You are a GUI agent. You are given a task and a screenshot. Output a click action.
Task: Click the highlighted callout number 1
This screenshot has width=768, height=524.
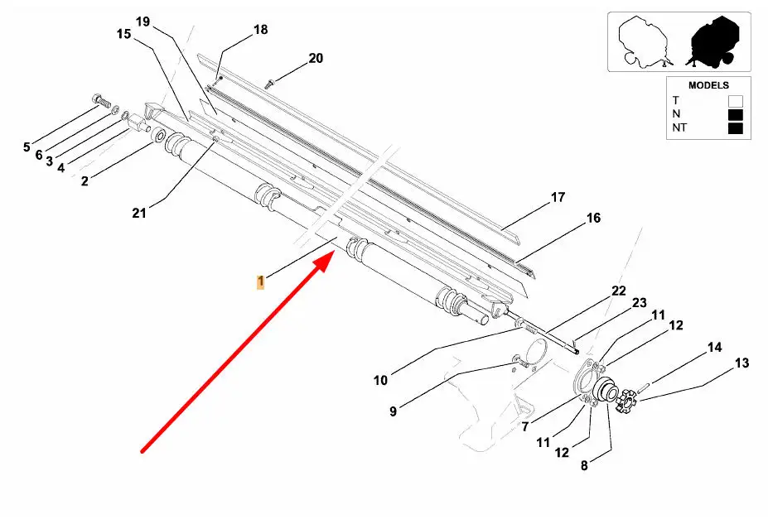(x=260, y=282)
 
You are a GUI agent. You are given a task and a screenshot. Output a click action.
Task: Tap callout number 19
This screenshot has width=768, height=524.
(x=143, y=22)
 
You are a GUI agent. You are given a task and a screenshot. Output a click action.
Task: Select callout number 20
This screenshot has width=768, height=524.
(x=316, y=58)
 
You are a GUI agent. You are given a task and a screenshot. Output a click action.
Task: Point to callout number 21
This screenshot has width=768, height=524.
(x=139, y=213)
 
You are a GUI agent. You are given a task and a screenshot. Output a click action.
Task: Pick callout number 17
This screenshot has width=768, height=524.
(x=558, y=198)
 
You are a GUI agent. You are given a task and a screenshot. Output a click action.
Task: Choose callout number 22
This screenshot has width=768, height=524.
(x=619, y=291)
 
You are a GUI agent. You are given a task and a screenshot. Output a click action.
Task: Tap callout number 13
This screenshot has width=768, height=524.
(x=741, y=363)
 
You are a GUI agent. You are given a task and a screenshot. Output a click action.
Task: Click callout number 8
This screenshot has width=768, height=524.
(x=584, y=465)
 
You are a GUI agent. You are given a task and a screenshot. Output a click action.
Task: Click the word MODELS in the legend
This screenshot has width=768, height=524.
(x=708, y=85)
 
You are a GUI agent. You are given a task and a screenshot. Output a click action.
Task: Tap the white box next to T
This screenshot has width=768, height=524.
(x=735, y=100)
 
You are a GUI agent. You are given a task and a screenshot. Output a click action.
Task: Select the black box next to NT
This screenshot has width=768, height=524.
(x=735, y=128)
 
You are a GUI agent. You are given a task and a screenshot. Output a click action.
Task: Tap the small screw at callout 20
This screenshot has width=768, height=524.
(x=270, y=82)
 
